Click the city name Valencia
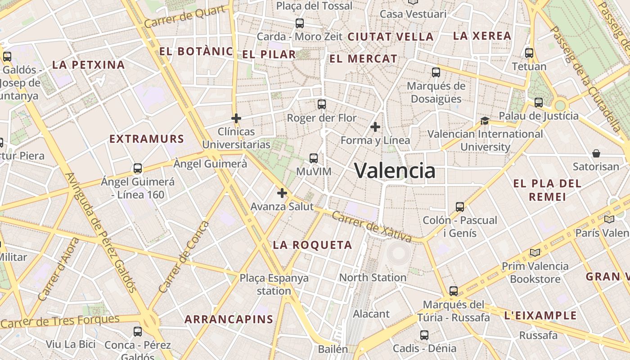(395, 171)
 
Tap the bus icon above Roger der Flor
(321, 104)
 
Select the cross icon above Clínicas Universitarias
(236, 118)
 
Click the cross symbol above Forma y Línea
(375, 127)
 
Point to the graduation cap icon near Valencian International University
(485, 120)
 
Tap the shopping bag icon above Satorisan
(596, 153)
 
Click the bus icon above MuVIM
(314, 158)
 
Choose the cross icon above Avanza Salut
(282, 193)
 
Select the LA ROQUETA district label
(312, 245)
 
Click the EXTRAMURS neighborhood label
(147, 139)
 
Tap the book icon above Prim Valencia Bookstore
(535, 252)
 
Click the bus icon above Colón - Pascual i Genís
(459, 207)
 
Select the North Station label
(373, 278)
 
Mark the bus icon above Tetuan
(529, 53)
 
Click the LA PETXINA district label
(88, 65)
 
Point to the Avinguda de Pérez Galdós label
(101, 232)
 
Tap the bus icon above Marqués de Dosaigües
(436, 72)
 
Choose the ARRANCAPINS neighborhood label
(229, 319)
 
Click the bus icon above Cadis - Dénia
(424, 335)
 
